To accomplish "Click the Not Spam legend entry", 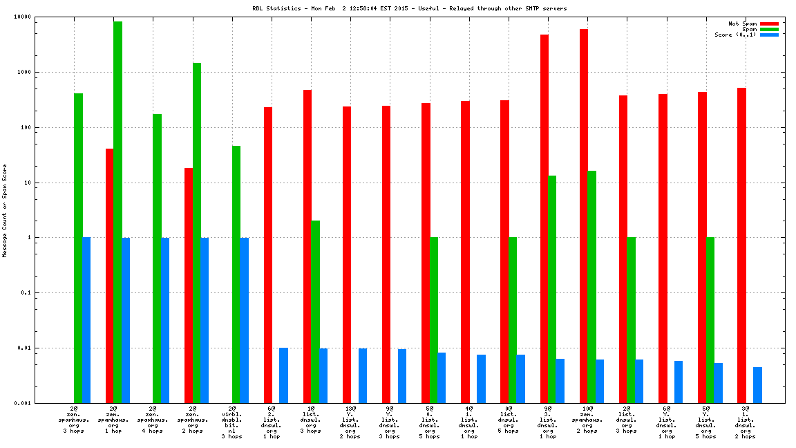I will click(743, 24).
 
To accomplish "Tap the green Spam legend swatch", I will click(769, 29).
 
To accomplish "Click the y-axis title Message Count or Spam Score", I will click(5, 211).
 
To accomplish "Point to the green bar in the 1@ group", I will click(315, 312).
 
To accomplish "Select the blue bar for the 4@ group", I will click(481, 379).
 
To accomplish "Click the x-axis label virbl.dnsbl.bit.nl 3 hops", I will click(232, 422).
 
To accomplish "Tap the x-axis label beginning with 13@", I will click(350, 422).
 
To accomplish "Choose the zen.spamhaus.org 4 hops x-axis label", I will click(153, 420).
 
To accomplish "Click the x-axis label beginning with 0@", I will click(508, 420).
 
